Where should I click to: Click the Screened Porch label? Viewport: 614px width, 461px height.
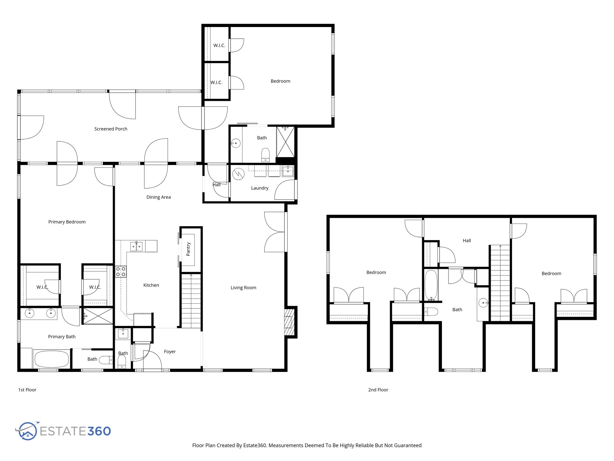tap(111, 129)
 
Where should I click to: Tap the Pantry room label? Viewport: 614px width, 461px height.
tap(188, 249)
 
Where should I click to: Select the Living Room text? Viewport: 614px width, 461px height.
tap(243, 288)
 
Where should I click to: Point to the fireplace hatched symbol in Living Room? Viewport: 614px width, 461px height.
tap(288, 322)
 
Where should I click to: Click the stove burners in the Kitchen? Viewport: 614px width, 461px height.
tap(121, 272)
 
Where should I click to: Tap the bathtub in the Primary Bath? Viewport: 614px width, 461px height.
tap(52, 359)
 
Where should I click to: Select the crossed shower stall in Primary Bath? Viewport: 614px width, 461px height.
tap(98, 316)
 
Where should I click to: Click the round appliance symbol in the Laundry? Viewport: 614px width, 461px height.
tap(239, 174)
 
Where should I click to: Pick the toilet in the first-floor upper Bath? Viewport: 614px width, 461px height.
tap(265, 155)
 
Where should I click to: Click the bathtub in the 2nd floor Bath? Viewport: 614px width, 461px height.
tap(431, 285)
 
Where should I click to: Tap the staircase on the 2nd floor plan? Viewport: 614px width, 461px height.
tap(500, 283)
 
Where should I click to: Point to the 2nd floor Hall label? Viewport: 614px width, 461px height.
tap(466, 240)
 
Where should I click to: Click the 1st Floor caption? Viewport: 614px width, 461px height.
tap(27, 390)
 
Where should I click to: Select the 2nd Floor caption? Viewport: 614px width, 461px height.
tap(378, 390)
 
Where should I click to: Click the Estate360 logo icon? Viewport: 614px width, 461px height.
tap(28, 431)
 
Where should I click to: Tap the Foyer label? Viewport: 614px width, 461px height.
tap(170, 351)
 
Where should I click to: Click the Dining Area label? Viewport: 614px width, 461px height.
tap(158, 197)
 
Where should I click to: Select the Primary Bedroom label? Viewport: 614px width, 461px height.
tap(67, 222)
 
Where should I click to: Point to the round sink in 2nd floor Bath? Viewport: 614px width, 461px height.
tap(483, 303)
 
